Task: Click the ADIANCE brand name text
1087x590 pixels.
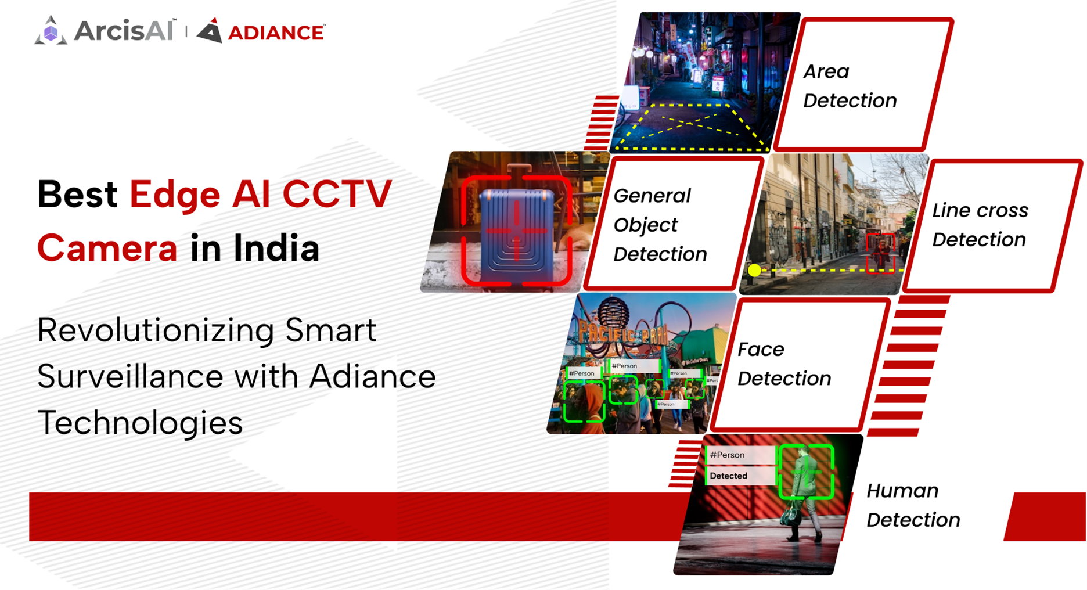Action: click(x=276, y=33)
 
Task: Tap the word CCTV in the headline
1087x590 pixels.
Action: click(x=337, y=195)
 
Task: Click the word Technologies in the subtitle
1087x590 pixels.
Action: click(x=140, y=423)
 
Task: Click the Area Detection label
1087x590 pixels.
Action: click(x=850, y=86)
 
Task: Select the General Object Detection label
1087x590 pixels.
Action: click(x=660, y=225)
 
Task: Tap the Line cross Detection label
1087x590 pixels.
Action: click(x=980, y=225)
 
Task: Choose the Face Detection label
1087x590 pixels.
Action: click(x=784, y=364)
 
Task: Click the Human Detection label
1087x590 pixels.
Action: click(x=913, y=505)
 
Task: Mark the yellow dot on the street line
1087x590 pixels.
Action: click(x=754, y=270)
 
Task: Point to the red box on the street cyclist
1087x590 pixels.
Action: click(x=881, y=252)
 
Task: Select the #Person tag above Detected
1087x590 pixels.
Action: click(x=728, y=455)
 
